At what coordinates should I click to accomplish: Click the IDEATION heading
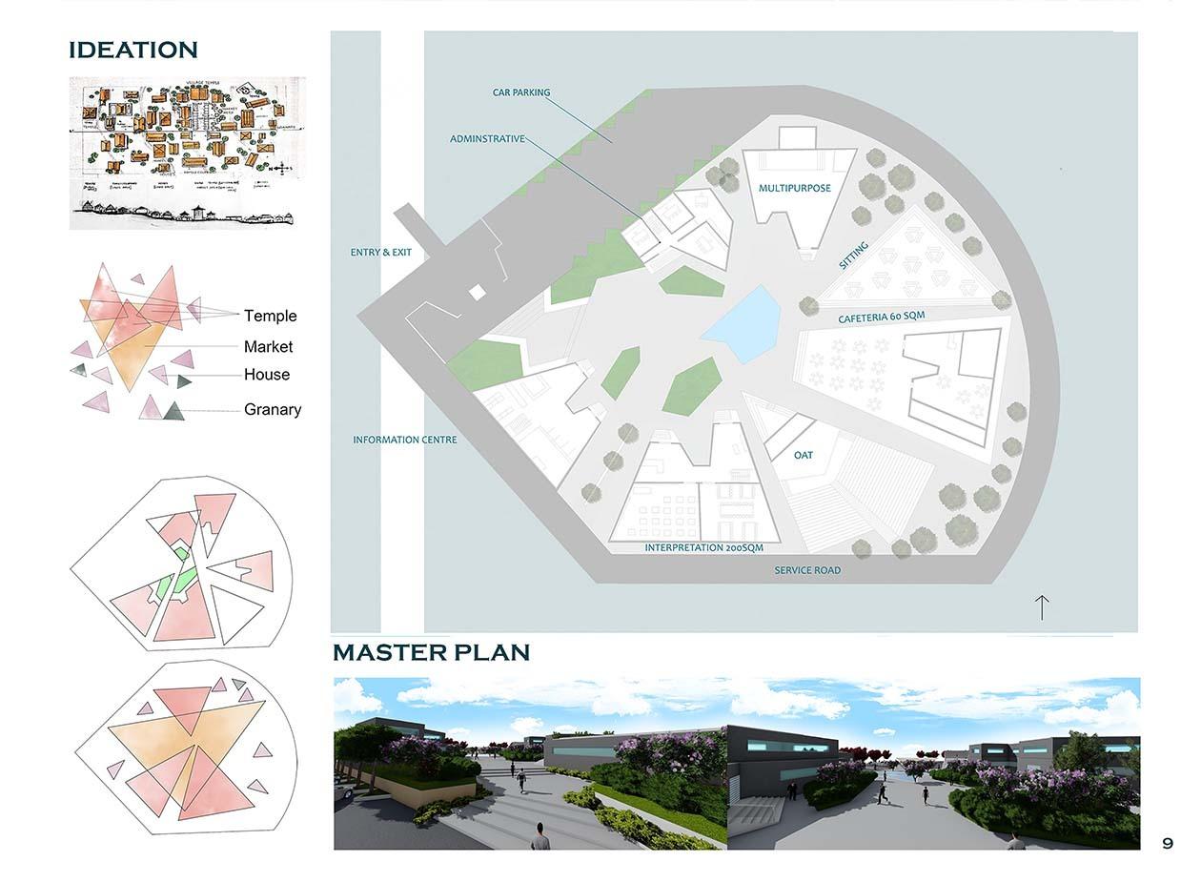click(133, 50)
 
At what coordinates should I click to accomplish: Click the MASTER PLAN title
click(431, 652)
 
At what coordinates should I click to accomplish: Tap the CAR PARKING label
click(521, 92)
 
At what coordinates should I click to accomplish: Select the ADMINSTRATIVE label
click(487, 139)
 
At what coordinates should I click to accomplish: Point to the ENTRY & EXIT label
click(381, 253)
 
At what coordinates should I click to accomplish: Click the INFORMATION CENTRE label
click(405, 440)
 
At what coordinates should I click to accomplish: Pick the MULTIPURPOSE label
click(795, 188)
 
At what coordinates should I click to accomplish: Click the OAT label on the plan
click(804, 455)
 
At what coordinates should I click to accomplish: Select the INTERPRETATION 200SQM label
click(703, 548)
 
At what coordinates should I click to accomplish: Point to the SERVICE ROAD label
click(807, 570)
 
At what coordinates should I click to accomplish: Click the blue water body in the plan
click(743, 324)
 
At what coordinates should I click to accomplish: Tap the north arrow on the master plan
click(1042, 606)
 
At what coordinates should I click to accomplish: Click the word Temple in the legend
click(271, 316)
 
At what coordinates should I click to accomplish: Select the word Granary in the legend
click(273, 409)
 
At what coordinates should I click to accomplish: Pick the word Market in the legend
click(268, 347)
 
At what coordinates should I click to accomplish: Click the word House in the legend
click(267, 375)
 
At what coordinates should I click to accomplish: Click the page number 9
click(1168, 843)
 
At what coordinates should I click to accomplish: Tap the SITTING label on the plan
click(854, 256)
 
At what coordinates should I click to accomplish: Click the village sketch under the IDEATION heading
click(187, 153)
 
